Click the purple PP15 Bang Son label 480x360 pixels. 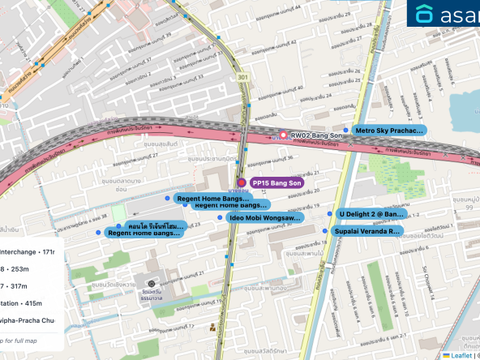pyautogui.click(x=276, y=183)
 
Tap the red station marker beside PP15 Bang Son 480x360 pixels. pyautogui.click(x=241, y=183)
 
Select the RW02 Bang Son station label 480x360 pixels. pyautogui.click(x=313, y=135)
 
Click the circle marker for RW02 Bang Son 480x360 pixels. pyautogui.click(x=283, y=135)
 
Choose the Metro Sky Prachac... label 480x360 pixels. pyautogui.click(x=390, y=130)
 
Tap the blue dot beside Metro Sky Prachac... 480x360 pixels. pyautogui.click(x=346, y=130)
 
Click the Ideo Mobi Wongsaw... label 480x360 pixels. pyautogui.click(x=265, y=217)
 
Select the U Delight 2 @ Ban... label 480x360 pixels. pyautogui.click(x=371, y=214)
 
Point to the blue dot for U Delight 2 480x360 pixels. pyautogui.click(x=330, y=214)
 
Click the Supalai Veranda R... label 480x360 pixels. pyautogui.click(x=369, y=231)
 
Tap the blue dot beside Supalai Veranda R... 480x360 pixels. pyautogui.click(x=328, y=231)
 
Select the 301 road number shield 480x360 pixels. pyautogui.click(x=242, y=78)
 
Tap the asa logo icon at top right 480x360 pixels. pyautogui.click(x=424, y=14)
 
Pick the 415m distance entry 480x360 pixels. pyautogui.click(x=32, y=302)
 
